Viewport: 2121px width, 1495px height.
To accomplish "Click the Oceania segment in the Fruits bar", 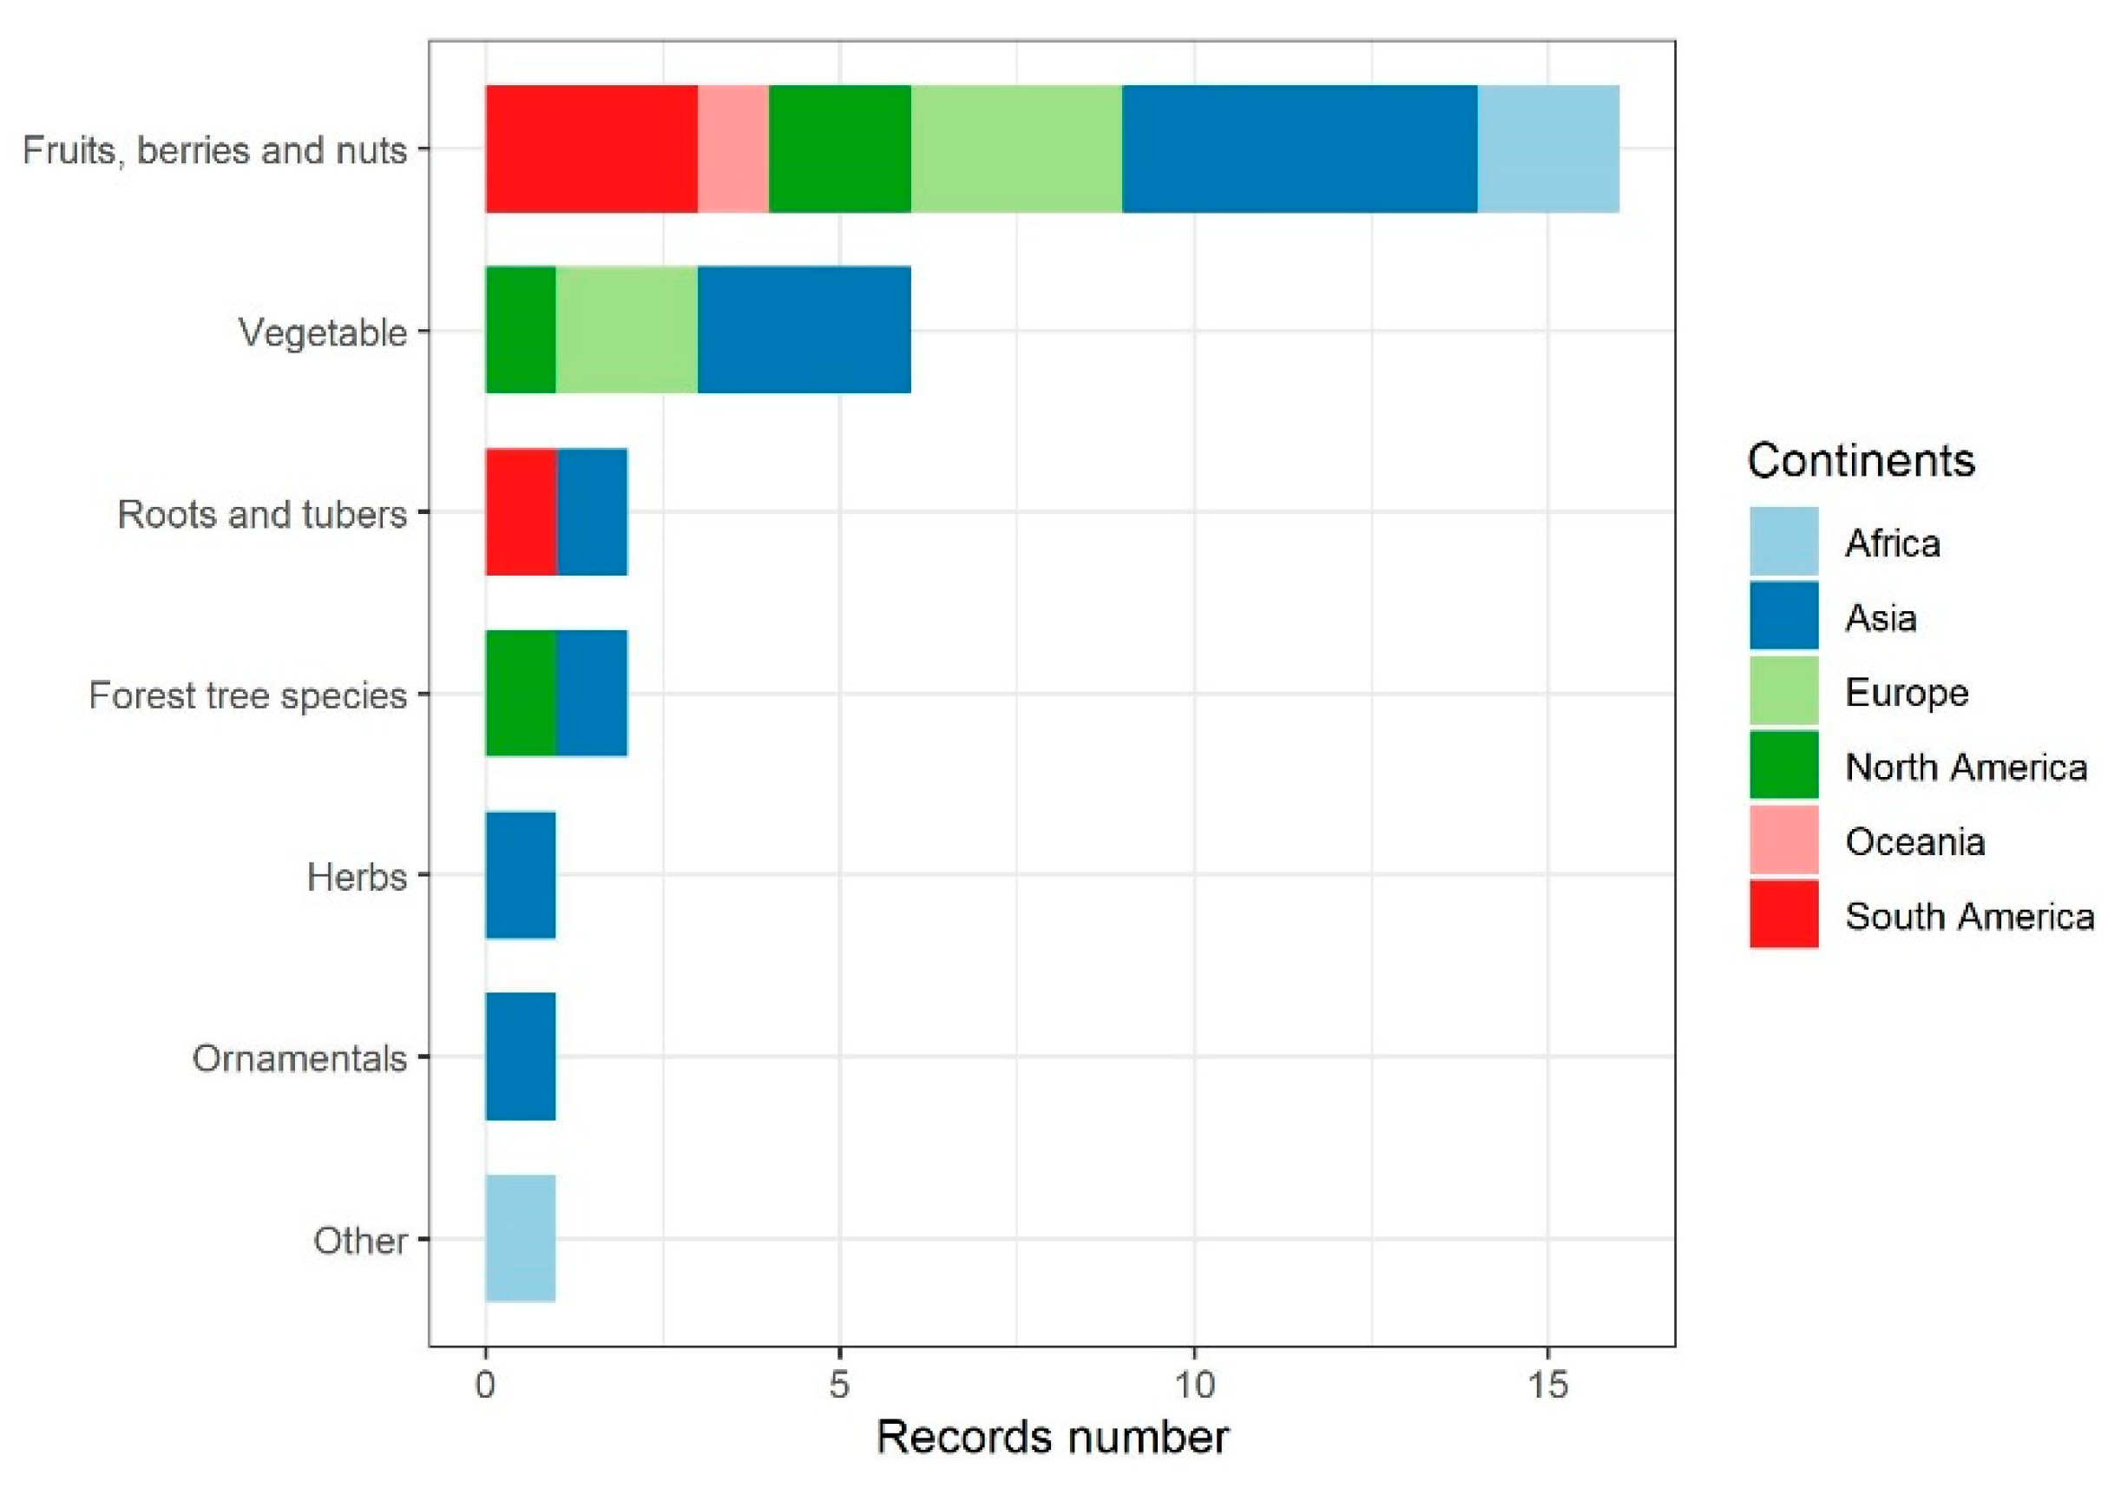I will (x=732, y=148).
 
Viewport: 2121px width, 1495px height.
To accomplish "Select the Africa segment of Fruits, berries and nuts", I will (x=1547, y=148).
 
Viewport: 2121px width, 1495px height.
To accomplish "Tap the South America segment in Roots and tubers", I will (x=521, y=512).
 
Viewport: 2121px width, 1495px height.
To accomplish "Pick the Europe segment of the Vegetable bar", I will (x=627, y=330).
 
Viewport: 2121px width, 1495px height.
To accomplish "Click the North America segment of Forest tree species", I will (x=521, y=693).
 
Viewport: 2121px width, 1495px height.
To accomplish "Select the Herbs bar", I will (x=521, y=875).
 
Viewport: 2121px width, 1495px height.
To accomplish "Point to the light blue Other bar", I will (x=521, y=1238).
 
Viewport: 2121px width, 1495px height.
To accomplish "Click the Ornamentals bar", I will (x=521, y=1056).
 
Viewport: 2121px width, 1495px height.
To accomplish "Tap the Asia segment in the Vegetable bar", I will (x=804, y=330).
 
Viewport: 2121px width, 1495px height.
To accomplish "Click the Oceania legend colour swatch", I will (x=1783, y=840).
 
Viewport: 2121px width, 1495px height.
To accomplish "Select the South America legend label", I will (x=1968, y=916).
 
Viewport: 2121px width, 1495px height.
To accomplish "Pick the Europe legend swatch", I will (x=1783, y=691).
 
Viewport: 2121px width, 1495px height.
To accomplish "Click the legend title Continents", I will (x=1861, y=460).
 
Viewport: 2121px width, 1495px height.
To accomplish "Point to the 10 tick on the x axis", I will (x=1193, y=1385).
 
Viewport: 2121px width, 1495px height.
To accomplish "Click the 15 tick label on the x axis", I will (x=1547, y=1385).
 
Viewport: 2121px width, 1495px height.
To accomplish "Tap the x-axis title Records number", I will (x=1051, y=1438).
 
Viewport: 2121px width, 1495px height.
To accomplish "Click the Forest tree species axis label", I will (x=247, y=695).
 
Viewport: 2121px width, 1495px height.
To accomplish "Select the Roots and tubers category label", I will (x=261, y=514).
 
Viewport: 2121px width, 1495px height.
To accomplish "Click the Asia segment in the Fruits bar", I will (x=1299, y=148).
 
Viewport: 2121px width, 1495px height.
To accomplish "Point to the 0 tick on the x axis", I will (x=486, y=1385).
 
